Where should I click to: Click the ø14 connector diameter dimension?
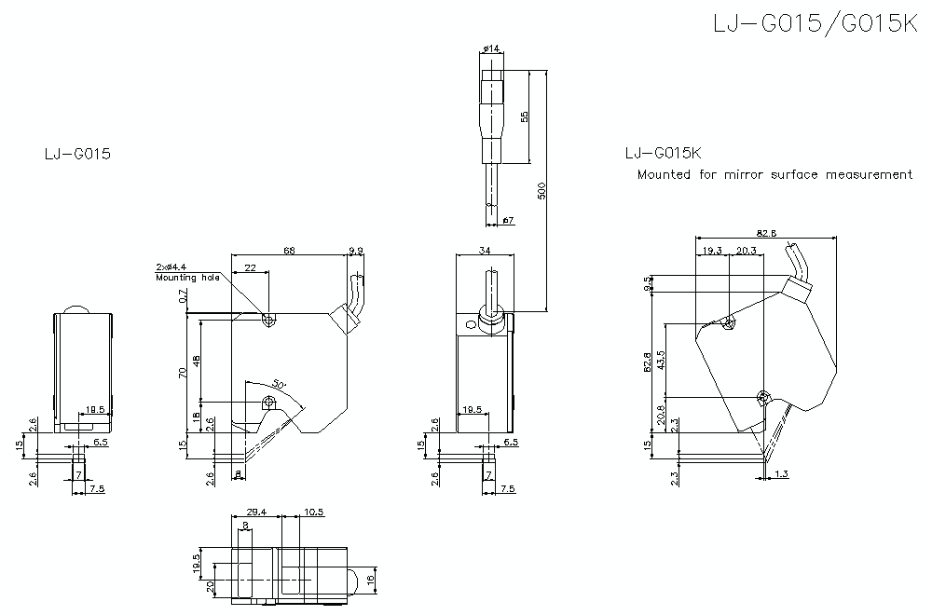tap(493, 48)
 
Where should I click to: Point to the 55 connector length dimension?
tap(525, 116)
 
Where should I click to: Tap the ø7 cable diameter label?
tap(509, 220)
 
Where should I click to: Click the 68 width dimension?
tap(289, 251)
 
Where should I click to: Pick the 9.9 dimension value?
tap(356, 251)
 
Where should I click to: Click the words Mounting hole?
tap(187, 278)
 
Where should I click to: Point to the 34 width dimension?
tap(484, 251)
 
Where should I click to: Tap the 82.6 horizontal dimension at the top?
tap(765, 234)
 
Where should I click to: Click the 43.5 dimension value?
tap(661, 360)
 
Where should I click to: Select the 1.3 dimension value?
tap(781, 474)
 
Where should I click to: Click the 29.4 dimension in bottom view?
tap(256, 512)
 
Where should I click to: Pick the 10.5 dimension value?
tap(313, 512)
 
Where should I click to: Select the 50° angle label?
tap(279, 384)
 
